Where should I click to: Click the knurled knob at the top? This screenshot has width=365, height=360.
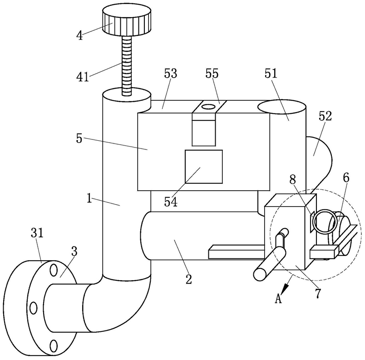[127, 21]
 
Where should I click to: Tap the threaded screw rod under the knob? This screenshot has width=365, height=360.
[127, 66]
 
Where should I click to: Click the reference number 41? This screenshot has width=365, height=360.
[83, 77]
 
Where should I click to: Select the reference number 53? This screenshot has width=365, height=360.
[171, 74]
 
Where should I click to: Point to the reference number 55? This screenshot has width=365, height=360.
[212, 74]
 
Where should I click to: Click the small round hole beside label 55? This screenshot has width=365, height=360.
[208, 107]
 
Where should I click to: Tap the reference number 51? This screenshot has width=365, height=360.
[271, 74]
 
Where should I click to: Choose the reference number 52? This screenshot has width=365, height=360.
[325, 116]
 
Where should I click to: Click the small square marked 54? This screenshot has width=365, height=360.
[204, 167]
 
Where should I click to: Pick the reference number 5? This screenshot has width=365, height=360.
[79, 139]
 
